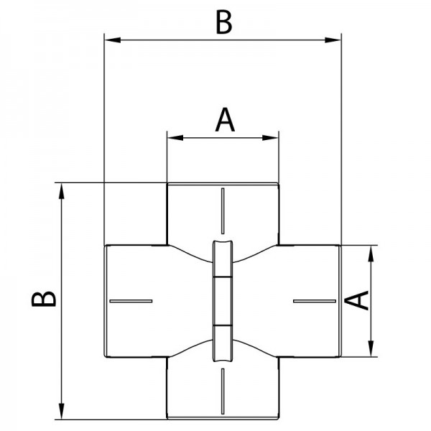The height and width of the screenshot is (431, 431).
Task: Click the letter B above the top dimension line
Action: point(223,22)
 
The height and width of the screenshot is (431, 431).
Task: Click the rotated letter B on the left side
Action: point(45,299)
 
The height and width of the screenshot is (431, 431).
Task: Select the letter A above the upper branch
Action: point(225,120)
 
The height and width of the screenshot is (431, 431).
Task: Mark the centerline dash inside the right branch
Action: point(315,300)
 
